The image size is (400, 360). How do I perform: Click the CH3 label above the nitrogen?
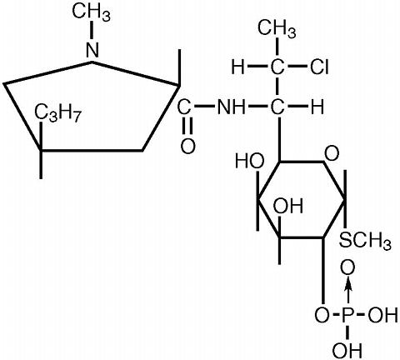(91, 12)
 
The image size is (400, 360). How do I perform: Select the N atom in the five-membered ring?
(92, 50)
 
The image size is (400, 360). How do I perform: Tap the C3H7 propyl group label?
(57, 114)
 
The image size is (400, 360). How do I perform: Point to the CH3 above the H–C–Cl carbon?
(277, 29)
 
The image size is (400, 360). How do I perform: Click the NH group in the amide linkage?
(231, 107)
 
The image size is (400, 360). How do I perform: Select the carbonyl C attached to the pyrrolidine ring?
(184, 107)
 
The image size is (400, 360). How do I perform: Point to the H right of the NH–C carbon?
(317, 107)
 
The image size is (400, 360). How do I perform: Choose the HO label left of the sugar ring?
(249, 161)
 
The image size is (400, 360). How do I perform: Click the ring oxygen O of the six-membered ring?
(332, 153)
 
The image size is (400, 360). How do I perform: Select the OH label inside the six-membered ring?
(288, 206)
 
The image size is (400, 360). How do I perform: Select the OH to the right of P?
(382, 317)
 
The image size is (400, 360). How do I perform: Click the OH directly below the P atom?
(347, 350)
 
